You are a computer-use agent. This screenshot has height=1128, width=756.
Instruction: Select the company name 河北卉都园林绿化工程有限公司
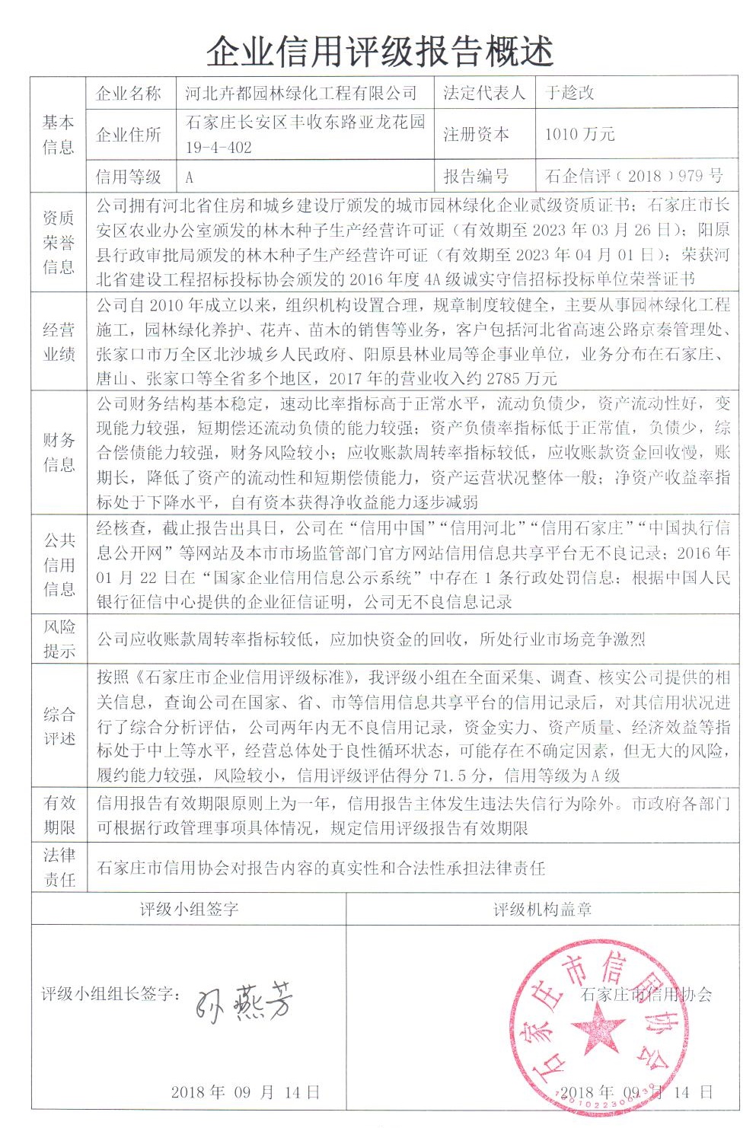[x=301, y=93]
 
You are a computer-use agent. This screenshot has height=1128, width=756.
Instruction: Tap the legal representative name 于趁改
[x=569, y=93]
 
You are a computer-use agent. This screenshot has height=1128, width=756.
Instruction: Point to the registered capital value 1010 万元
[x=579, y=134]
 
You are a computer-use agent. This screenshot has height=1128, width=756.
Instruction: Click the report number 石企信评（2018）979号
[x=633, y=176]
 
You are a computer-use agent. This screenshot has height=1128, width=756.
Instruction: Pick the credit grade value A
[x=190, y=177]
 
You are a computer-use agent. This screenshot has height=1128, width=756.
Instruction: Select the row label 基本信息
[x=59, y=134]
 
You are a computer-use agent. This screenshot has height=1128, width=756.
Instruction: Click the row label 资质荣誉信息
[x=59, y=242]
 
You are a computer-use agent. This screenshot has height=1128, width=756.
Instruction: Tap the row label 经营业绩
[x=59, y=342]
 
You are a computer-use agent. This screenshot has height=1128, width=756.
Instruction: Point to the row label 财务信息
[x=59, y=452]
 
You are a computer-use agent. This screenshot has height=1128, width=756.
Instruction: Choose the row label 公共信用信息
[x=59, y=564]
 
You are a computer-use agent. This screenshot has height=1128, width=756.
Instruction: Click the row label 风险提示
[x=59, y=639]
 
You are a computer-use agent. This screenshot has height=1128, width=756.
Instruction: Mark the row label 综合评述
[x=59, y=726]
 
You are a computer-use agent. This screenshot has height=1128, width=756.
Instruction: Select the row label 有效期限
[x=59, y=814]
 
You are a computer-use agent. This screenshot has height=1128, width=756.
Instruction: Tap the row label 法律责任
[x=59, y=867]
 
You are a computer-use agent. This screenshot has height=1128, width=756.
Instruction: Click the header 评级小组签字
[x=189, y=909]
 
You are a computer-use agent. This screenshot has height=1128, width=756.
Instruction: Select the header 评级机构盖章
[x=542, y=909]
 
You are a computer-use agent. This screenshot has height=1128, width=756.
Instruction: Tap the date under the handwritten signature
[x=245, y=1091]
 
